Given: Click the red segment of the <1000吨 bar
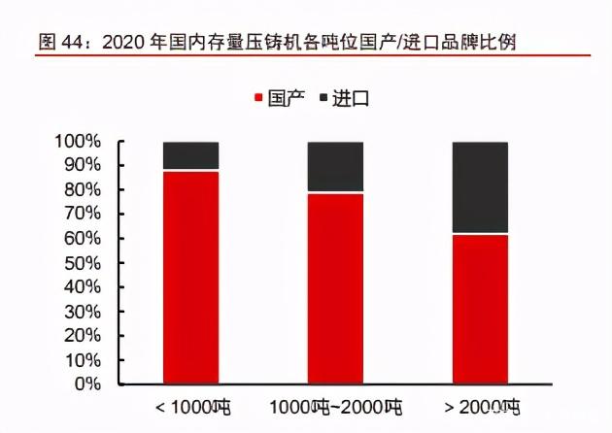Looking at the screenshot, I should (190, 277).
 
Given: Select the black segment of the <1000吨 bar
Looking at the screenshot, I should (190, 155).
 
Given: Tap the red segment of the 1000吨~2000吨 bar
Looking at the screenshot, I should (335, 288).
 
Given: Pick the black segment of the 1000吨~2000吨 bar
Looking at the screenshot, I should (335, 167).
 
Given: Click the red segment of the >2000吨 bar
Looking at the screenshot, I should (480, 309).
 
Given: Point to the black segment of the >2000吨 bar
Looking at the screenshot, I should (480, 187).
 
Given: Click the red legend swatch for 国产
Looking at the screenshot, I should (259, 98).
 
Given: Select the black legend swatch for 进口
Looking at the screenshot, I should (322, 98).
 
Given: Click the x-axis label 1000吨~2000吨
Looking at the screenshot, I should (335, 407).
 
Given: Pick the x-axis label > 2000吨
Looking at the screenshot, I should (480, 407).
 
